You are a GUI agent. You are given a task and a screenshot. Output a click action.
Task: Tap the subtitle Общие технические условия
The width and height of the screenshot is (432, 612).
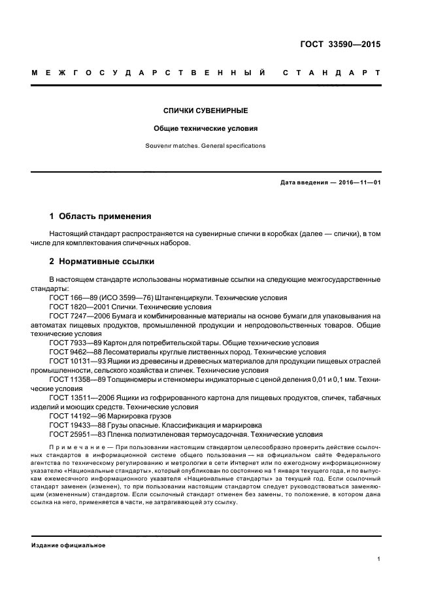[x=206, y=128]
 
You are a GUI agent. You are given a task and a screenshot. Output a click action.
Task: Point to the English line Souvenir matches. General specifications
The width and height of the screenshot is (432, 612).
[x=206, y=145]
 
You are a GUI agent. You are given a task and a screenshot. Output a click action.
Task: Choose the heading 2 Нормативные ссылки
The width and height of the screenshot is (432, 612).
[x=102, y=262]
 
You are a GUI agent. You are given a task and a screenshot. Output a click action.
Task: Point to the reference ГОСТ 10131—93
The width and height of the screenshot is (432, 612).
[x=73, y=360]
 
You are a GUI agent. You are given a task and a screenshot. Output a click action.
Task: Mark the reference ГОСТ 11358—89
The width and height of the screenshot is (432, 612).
[x=73, y=379]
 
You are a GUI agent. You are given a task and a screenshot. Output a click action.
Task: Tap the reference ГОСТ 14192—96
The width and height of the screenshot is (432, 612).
[x=73, y=415]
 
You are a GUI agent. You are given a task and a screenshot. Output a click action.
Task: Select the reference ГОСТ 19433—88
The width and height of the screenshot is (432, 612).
[x=73, y=424]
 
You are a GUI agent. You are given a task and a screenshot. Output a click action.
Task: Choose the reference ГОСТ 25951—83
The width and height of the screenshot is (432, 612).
[x=73, y=433]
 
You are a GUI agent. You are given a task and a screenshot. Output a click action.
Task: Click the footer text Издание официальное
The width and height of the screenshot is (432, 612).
[x=69, y=545]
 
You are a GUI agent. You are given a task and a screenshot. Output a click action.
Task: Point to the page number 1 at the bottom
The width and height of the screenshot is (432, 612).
[x=379, y=559]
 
